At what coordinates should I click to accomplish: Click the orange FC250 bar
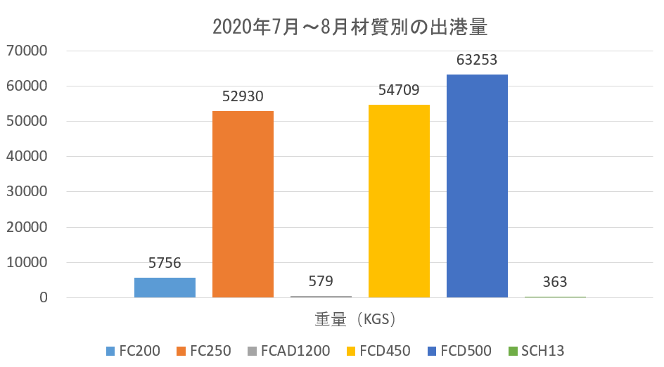click(243, 204)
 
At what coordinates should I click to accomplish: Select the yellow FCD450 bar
click(399, 200)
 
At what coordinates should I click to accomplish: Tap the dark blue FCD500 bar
click(477, 186)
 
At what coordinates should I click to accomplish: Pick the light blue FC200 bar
click(165, 288)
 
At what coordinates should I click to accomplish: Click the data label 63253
click(477, 59)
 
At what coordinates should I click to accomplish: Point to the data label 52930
click(243, 96)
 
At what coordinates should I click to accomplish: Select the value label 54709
click(399, 89)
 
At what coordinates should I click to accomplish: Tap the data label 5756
click(165, 263)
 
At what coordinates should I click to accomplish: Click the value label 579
click(321, 281)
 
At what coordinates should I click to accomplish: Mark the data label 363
click(555, 282)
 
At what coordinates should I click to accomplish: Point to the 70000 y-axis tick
click(26, 51)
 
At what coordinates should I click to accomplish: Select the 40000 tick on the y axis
click(26, 157)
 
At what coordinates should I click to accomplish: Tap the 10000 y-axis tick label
click(26, 263)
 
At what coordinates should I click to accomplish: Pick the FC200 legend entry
click(133, 350)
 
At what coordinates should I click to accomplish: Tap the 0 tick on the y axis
click(44, 298)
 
